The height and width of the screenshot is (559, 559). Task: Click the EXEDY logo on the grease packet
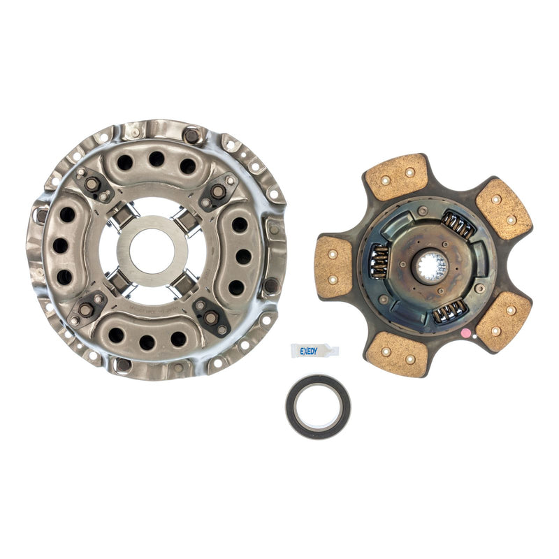click(309, 351)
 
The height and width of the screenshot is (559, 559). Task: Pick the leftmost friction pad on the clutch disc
click(335, 266)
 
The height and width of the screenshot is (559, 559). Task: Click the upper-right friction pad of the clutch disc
click(503, 208)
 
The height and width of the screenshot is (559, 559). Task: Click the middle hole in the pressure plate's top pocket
click(156, 159)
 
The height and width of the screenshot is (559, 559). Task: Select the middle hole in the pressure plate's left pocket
click(61, 245)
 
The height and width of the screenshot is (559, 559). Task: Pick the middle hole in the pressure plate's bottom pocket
click(147, 342)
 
